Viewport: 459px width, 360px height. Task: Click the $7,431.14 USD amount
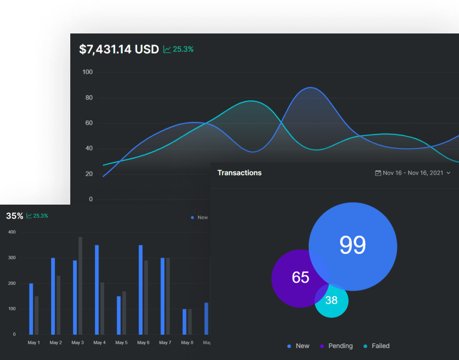pyautogui.click(x=119, y=49)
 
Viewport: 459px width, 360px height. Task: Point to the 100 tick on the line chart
pyautogui.click(x=87, y=72)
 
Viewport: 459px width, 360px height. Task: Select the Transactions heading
pyautogui.click(x=240, y=173)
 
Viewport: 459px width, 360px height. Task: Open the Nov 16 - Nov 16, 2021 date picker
pyautogui.click(x=413, y=173)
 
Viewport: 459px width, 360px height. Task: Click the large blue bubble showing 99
pyautogui.click(x=353, y=245)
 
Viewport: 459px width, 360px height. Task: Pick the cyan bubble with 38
pyautogui.click(x=331, y=301)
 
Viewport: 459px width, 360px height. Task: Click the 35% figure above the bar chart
pyautogui.click(x=14, y=216)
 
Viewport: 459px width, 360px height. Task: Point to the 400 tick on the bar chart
pyautogui.click(x=11, y=232)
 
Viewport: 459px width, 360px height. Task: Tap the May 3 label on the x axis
pyautogui.click(x=77, y=343)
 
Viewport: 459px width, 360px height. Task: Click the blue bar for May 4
pyautogui.click(x=97, y=290)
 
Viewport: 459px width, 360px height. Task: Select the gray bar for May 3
pyautogui.click(x=80, y=285)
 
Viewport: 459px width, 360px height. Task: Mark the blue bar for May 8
pyautogui.click(x=185, y=322)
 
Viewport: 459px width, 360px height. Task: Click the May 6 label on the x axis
pyautogui.click(x=143, y=343)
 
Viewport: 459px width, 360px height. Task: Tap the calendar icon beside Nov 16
pyautogui.click(x=378, y=173)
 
